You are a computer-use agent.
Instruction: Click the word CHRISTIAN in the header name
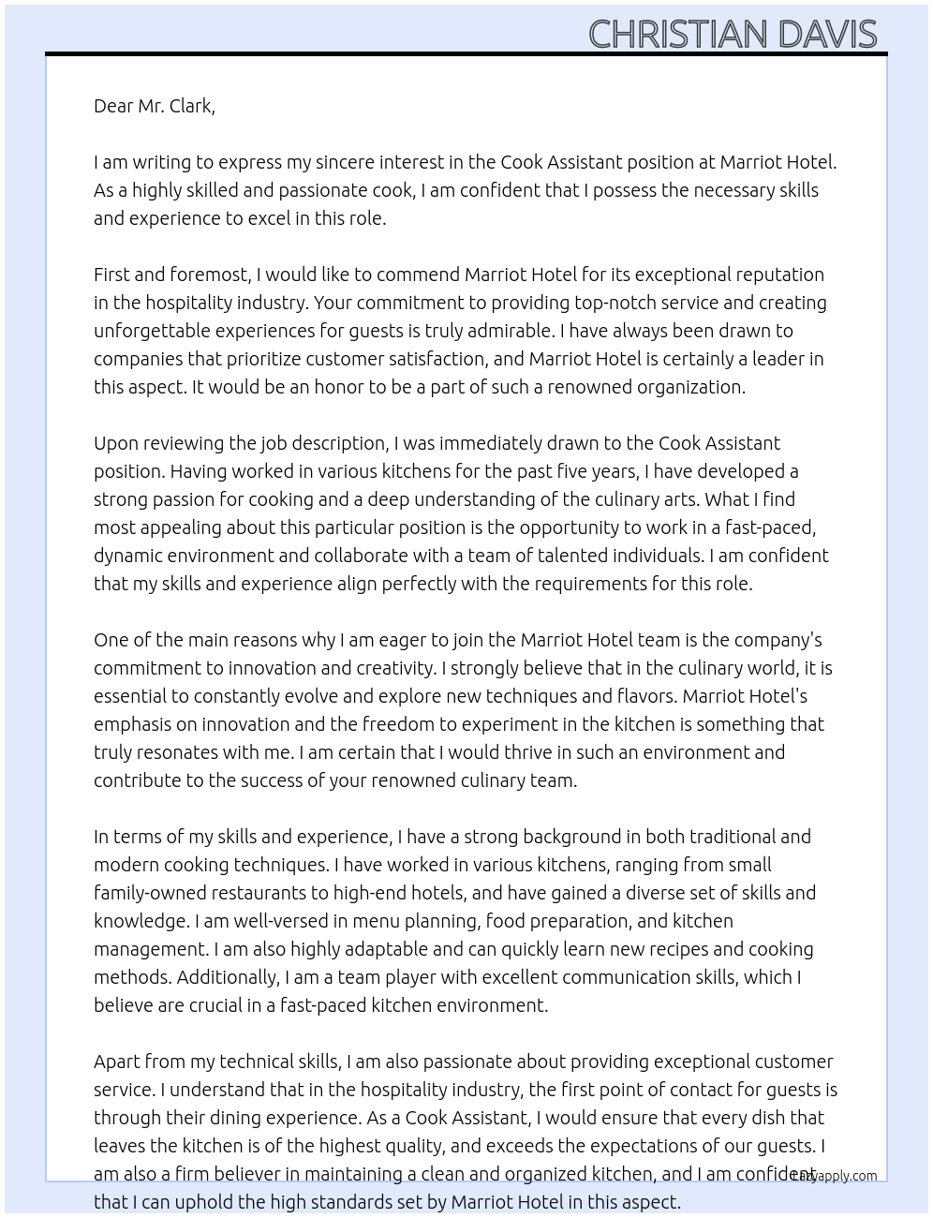click(677, 35)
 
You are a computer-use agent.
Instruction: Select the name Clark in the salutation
click(190, 106)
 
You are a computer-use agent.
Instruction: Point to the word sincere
click(383, 162)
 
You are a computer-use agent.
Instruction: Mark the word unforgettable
click(152, 331)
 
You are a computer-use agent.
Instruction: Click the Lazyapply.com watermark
click(835, 1176)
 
